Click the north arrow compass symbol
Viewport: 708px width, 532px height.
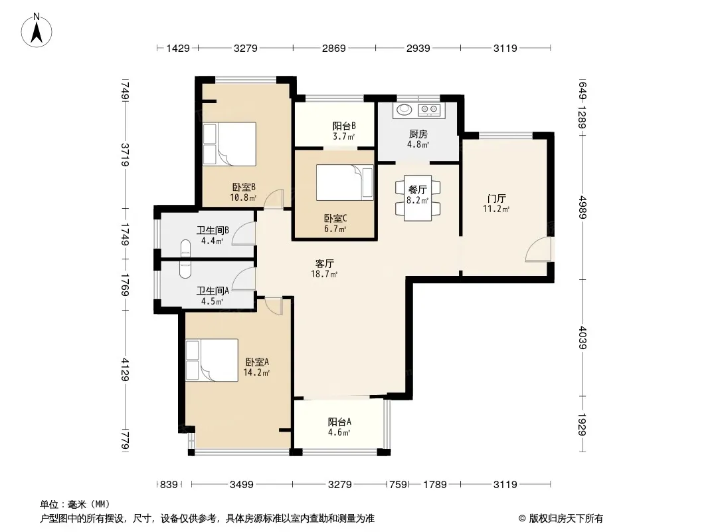point(37,31)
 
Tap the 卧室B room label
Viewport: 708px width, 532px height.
point(244,187)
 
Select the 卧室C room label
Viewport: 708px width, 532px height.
point(335,219)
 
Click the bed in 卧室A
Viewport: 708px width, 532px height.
point(212,360)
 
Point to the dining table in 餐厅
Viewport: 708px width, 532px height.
point(418,198)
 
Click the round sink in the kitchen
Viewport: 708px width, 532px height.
point(404,109)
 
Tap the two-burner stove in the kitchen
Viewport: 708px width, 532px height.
point(429,109)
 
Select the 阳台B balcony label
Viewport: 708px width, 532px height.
point(344,126)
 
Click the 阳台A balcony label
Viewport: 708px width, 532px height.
point(339,422)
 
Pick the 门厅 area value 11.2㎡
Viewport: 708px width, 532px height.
point(496,209)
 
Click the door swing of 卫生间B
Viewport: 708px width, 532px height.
point(244,234)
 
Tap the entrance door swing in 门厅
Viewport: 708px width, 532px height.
point(539,250)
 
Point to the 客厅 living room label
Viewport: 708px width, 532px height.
point(324,263)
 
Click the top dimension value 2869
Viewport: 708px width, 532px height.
point(333,48)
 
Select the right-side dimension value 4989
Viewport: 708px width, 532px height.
point(582,207)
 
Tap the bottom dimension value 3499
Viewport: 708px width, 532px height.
point(242,485)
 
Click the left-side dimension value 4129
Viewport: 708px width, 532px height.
point(126,369)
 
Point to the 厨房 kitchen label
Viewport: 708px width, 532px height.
point(418,134)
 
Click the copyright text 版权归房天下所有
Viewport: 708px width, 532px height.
point(566,519)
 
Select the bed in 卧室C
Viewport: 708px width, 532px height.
point(345,182)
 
